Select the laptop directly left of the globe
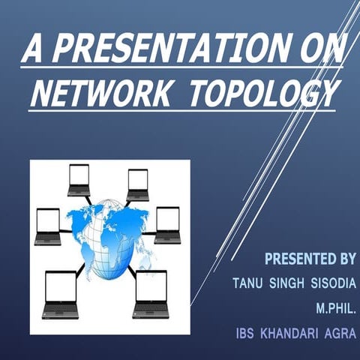tap(48, 226)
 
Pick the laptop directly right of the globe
tap(167, 225)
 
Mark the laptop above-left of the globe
tap(78, 180)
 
